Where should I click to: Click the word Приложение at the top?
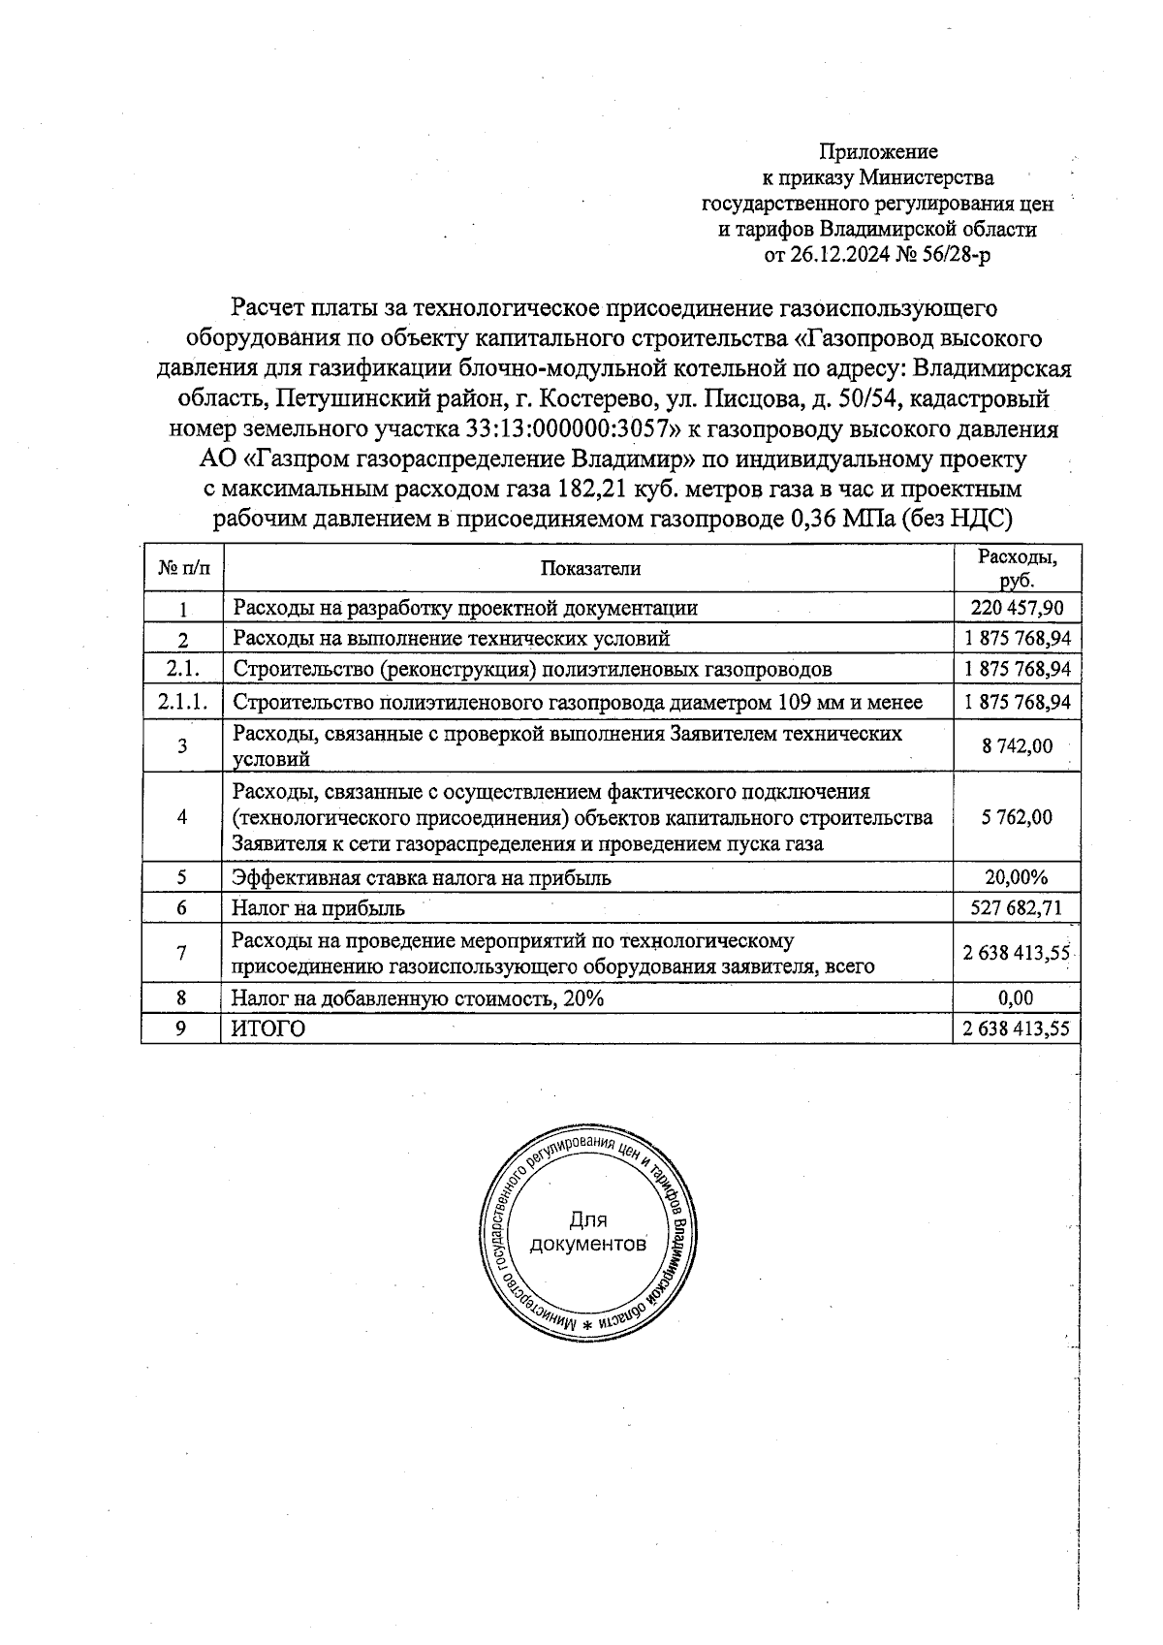coord(878,152)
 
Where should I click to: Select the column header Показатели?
coord(590,569)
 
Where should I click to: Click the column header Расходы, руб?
coord(1017,569)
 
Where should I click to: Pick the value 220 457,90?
coord(1017,608)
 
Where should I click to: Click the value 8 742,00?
coord(1017,746)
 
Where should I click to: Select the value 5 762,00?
coord(1017,817)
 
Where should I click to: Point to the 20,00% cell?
coord(1017,878)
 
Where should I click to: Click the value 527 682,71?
coord(1017,908)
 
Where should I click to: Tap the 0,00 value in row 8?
coord(1017,998)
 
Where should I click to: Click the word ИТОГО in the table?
coord(268,1029)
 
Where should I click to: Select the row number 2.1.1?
coord(182,702)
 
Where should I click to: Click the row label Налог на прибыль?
coord(319,908)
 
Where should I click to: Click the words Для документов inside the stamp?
coord(587,1232)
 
